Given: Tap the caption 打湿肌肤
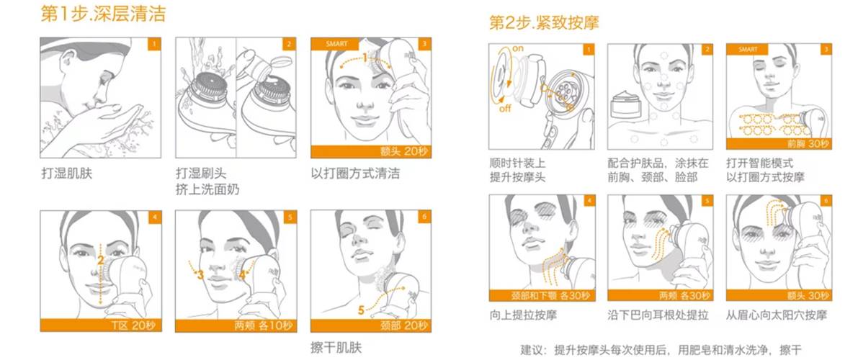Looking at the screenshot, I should tap(67, 174).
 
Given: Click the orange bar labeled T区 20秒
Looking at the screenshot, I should tap(94, 325).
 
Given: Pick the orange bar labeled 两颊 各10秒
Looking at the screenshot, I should tap(229, 325).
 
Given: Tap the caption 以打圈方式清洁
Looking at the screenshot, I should tap(354, 174).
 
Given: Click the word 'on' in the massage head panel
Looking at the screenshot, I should tap(517, 48).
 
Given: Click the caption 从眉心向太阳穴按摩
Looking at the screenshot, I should tap(776, 315).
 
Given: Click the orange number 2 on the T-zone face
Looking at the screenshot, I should tap(101, 260).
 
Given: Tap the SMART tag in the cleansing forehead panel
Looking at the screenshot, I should tap(336, 44).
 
